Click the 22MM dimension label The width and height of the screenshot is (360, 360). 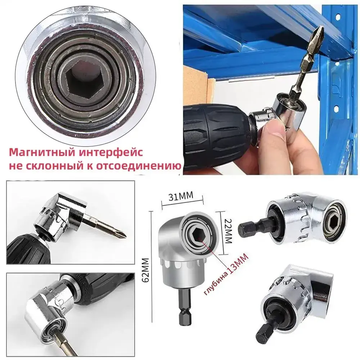[228, 231]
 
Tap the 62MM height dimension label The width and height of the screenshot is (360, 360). [145, 270]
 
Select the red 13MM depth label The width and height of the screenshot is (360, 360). [238, 263]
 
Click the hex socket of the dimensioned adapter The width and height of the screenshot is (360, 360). [197, 234]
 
